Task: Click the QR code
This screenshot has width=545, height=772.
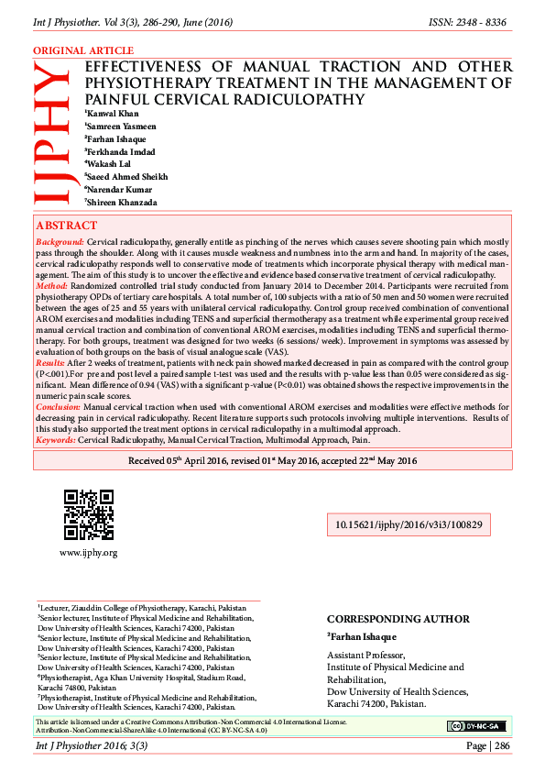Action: pyautogui.click(x=89, y=514)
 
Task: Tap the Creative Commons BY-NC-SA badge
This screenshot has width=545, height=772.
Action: pyautogui.click(x=476, y=726)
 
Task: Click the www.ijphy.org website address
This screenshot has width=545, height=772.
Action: pyautogui.click(x=88, y=553)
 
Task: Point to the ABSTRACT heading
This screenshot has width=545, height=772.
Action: pyautogui.click(x=66, y=226)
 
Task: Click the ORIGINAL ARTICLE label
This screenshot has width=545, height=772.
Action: pyautogui.click(x=83, y=51)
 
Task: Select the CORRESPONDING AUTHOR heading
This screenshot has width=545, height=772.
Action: pyautogui.click(x=398, y=620)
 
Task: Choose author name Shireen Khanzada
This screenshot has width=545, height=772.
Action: pyautogui.click(x=126, y=202)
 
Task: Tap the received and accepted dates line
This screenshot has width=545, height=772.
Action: pyautogui.click(x=273, y=461)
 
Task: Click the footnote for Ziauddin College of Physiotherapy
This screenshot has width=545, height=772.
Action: pyautogui.click(x=142, y=608)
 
